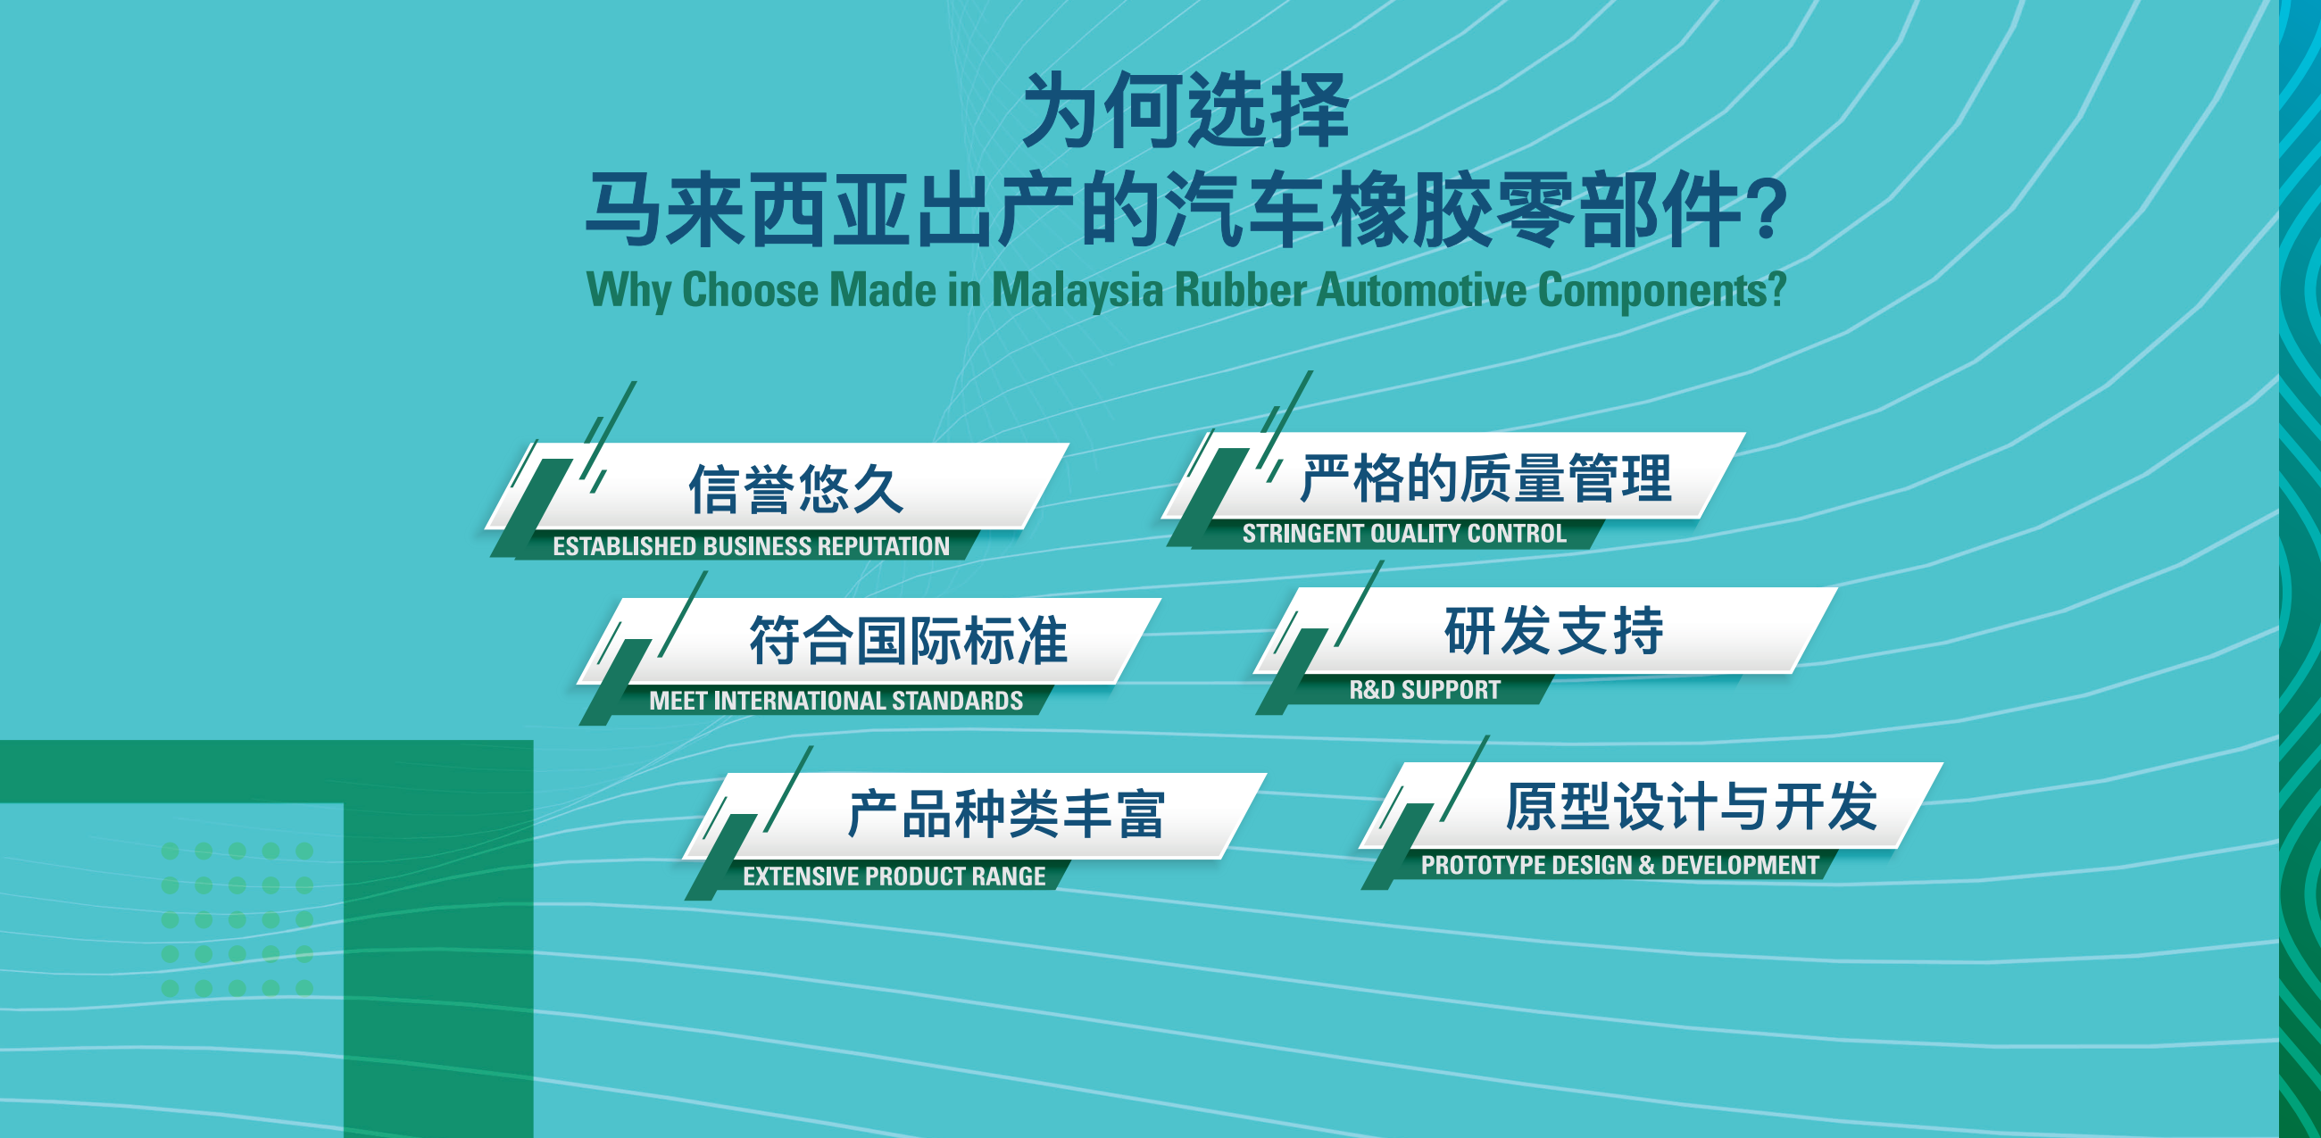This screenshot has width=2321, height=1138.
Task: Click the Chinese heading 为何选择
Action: tap(1185, 111)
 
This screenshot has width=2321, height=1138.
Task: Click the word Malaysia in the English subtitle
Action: tap(1077, 290)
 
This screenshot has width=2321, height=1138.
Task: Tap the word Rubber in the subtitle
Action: tap(1241, 290)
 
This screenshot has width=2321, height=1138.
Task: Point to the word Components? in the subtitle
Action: tap(1661, 290)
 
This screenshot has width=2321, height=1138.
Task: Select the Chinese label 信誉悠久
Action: tap(795, 489)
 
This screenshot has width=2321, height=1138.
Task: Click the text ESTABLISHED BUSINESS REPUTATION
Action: tap(751, 546)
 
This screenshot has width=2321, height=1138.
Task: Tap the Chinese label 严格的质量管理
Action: tap(1485, 478)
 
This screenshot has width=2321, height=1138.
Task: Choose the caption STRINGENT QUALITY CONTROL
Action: tap(1404, 534)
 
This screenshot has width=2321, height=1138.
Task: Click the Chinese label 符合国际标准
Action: tap(908, 641)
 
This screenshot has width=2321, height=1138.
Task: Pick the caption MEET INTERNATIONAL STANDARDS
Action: tap(836, 701)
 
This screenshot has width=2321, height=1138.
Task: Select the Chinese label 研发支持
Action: tap(1553, 631)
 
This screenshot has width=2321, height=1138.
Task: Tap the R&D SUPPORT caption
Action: tap(1425, 690)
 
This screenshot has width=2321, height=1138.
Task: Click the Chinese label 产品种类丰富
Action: tap(1005, 814)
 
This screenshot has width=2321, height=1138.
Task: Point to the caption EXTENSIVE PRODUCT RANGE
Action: tap(894, 876)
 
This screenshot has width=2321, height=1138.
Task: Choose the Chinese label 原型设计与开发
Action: tap(1690, 805)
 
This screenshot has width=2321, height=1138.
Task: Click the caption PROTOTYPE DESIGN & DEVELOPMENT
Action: tap(1619, 865)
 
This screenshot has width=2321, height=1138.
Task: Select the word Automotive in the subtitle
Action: tap(1422, 290)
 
